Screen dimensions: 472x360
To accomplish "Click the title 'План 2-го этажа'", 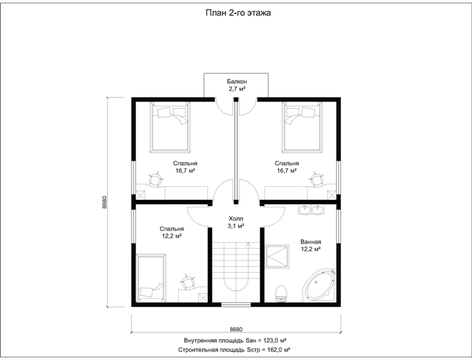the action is tap(238, 13).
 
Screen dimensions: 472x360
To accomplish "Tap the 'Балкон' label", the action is tap(237, 82).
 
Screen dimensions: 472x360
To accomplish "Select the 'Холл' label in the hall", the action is tap(236, 219).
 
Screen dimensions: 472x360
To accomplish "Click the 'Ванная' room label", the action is tap(311, 242).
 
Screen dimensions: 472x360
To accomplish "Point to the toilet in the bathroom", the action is tap(281, 294).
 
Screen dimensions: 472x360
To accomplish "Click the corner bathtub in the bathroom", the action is tap(320, 285).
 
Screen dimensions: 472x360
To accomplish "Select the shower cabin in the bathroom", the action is tap(277, 256).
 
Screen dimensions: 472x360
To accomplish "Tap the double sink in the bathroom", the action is tap(310, 209).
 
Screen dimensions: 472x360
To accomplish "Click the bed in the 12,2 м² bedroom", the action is tap(151, 278).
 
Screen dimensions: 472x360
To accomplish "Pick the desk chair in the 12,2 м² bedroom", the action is tap(188, 282).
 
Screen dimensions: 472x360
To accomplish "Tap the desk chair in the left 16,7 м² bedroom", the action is tap(156, 180).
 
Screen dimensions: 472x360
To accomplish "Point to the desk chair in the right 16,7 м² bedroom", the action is tap(316, 180).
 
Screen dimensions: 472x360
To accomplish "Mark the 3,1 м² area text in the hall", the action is tap(236, 226).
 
